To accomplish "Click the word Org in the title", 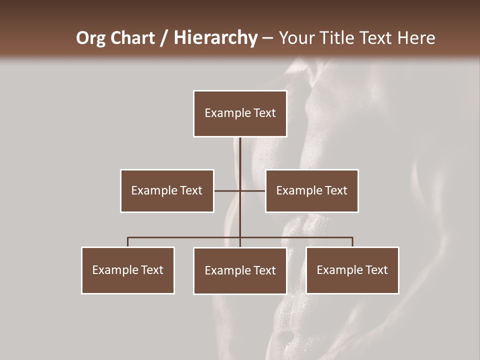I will [90, 38].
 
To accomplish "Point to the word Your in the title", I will [298, 38].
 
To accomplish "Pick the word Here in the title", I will [416, 38].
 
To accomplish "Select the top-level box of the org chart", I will [240, 113].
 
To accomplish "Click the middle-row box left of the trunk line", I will [167, 190].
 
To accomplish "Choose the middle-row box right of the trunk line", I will [312, 190].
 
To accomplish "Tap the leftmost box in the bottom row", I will [128, 270].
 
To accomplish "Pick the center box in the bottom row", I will [240, 270].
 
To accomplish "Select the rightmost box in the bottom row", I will [352, 270].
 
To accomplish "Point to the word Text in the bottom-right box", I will [376, 270].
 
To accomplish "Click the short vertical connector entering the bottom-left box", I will [128, 242].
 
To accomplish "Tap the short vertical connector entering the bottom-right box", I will [352, 242].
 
